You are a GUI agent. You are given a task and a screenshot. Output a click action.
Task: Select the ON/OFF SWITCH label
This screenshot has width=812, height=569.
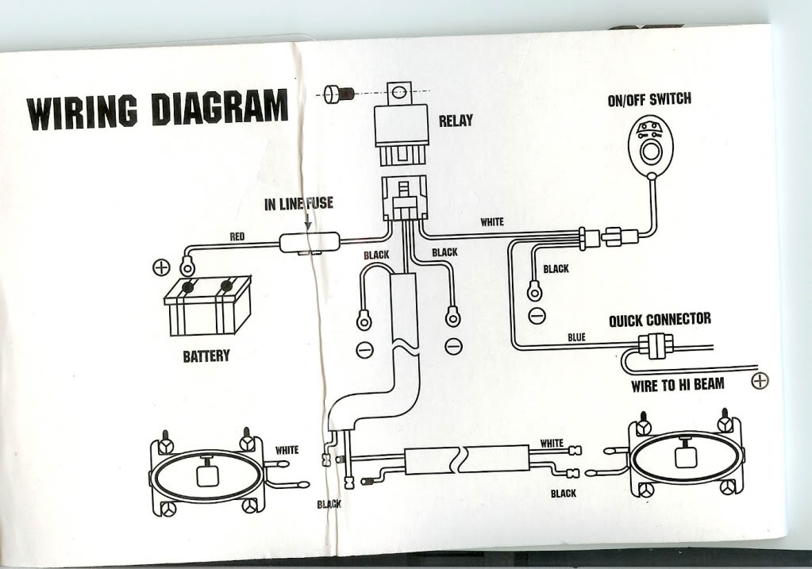coord(648,99)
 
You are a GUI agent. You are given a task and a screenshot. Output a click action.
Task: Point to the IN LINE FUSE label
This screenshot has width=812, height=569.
coord(298,204)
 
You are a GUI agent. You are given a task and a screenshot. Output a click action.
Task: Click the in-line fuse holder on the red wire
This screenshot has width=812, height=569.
coord(310,243)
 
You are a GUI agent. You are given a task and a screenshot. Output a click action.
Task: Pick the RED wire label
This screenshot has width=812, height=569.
coord(237,236)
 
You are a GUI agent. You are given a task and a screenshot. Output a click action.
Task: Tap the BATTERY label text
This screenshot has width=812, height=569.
coord(206,356)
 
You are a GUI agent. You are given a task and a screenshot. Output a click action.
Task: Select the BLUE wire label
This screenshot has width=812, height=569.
coord(577,337)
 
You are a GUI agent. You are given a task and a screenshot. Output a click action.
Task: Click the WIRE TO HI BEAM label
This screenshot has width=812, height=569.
coord(677,386)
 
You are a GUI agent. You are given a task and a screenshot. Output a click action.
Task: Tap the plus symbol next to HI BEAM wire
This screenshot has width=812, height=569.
coord(759,382)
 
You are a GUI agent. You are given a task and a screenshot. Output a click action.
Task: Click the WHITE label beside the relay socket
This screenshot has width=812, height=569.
coord(492,222)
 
